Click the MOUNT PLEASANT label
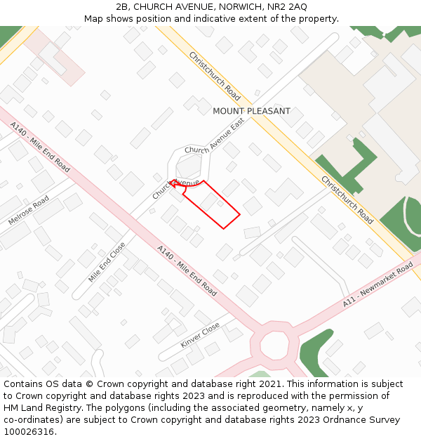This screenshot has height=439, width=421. pyautogui.click(x=251, y=111)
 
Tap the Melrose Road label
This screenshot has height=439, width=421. pyautogui.click(x=29, y=210)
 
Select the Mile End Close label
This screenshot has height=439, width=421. pyautogui.click(x=107, y=263)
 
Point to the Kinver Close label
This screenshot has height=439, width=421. pyautogui.click(x=200, y=335)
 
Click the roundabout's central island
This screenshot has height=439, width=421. pyautogui.click(x=274, y=346)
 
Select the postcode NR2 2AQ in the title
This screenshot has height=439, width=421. pyautogui.click(x=288, y=6)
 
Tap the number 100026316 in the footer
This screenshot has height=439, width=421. pyautogui.click(x=29, y=431)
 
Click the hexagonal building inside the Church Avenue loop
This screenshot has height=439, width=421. pyautogui.click(x=189, y=166)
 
